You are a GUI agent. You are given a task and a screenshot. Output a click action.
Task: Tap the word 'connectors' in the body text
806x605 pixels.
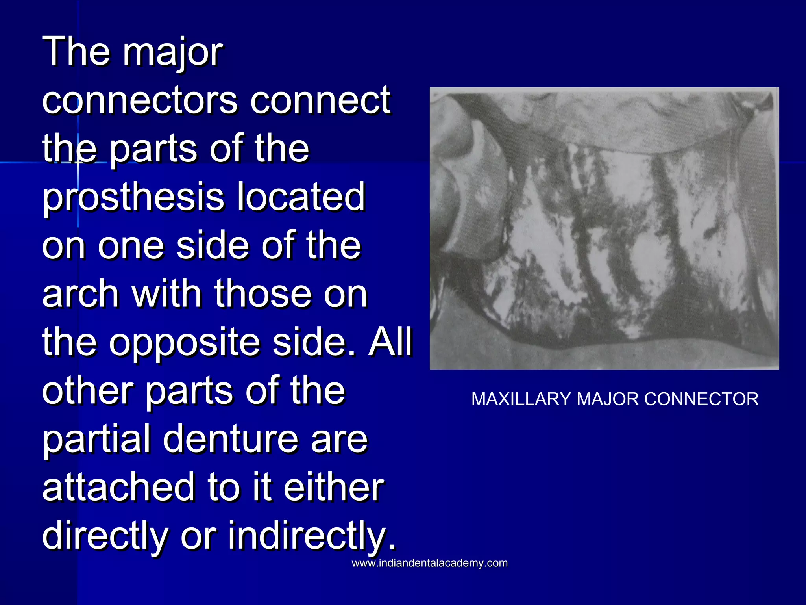tap(140, 100)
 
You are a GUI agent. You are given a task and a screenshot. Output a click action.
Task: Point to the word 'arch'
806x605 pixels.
tap(80, 293)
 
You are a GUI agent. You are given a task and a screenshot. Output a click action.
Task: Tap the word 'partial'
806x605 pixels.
tap(96, 440)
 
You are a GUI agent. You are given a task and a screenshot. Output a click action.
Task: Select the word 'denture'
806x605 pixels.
tap(231, 439)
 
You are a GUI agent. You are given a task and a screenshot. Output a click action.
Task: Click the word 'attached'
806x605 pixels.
tap(118, 487)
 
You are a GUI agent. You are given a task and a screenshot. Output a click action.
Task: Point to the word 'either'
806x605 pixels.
tap(333, 487)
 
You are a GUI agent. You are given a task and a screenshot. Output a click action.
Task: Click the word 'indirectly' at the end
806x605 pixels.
tap(311, 536)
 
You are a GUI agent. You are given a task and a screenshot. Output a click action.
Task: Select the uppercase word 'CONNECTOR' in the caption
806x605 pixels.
tap(701, 399)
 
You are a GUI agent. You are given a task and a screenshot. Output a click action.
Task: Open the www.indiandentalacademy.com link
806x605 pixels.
tap(429, 563)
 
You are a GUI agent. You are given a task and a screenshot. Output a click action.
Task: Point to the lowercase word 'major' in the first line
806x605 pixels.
tap(173, 53)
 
